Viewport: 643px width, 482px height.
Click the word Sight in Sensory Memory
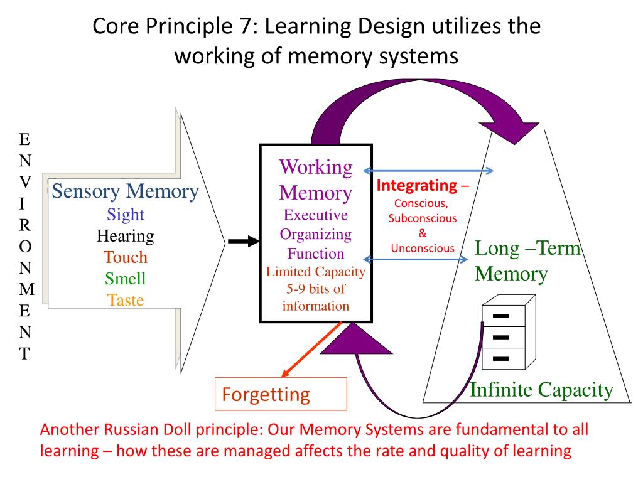(x=126, y=215)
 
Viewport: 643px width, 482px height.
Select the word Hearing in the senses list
(x=126, y=236)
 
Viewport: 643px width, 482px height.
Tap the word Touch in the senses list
(x=126, y=257)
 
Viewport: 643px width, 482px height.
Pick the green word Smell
(x=126, y=278)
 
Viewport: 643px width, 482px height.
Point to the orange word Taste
(x=126, y=299)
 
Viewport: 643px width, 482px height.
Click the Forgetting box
(x=281, y=394)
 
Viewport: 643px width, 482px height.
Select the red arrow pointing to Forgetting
(x=311, y=350)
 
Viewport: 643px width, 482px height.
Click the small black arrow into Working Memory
(x=242, y=240)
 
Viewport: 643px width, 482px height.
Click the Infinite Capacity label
(x=541, y=390)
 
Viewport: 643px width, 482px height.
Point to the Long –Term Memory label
(x=526, y=261)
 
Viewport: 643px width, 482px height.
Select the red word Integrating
(x=416, y=186)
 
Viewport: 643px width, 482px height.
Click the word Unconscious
(x=423, y=248)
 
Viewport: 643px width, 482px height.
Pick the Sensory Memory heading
(x=125, y=191)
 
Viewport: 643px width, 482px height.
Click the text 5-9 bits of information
(x=315, y=298)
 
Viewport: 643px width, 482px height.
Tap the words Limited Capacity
(x=315, y=272)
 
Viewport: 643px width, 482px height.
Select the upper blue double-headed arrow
(x=429, y=171)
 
